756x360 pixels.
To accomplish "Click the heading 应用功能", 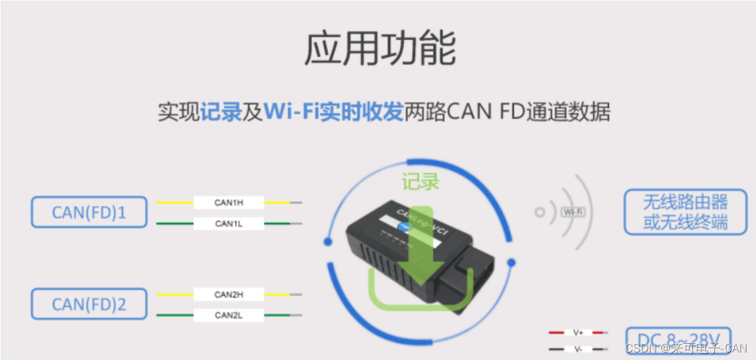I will tap(380, 49).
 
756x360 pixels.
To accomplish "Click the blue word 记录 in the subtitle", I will tap(221, 112).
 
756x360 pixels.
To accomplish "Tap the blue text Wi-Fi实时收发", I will tap(333, 112).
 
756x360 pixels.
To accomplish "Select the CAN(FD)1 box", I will tap(89, 212).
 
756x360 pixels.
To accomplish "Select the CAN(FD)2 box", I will tap(89, 305).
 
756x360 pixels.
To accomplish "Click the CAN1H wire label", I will tap(229, 202).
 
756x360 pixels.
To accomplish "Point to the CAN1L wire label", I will tap(229, 224).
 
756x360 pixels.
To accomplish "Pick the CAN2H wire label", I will tap(229, 294).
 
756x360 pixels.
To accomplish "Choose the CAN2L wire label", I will tap(229, 315).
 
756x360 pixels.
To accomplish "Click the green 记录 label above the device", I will tap(421, 182).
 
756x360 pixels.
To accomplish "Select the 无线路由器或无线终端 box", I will tap(686, 212).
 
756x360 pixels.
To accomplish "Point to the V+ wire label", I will tap(578, 332).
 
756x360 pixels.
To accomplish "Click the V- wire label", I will tap(578, 348).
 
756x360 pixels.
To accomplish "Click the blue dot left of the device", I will tap(327, 241).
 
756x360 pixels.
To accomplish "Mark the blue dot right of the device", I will tap(511, 262).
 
